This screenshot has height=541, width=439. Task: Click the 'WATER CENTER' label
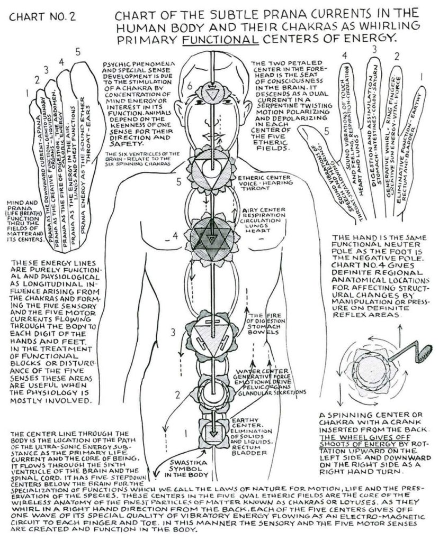pos(263,370)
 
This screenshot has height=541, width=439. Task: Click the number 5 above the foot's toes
pos(77,52)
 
